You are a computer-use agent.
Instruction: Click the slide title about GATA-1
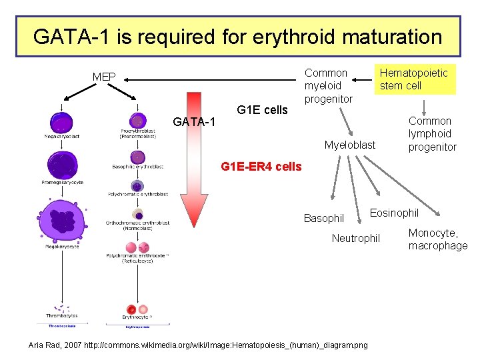pos(237,36)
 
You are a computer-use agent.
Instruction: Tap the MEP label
pos(104,77)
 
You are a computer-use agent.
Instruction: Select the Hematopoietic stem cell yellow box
pos(414,79)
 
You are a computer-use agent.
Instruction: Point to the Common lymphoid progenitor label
pos(432,133)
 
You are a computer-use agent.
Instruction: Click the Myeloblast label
pos(349,145)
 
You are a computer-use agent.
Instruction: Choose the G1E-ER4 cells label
pos(261,166)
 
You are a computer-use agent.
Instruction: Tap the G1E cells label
pos(263,110)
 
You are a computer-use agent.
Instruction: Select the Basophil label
pos(324,218)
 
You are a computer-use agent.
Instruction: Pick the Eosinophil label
pos(394,213)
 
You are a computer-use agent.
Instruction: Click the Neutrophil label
pos(356,238)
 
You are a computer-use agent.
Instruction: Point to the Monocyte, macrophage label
pos(437,239)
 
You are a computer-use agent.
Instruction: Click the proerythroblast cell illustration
pos(137,121)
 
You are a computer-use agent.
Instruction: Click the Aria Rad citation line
pos(197,345)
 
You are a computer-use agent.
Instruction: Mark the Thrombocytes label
pos(62,315)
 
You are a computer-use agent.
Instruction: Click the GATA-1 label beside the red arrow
pos(193,122)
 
